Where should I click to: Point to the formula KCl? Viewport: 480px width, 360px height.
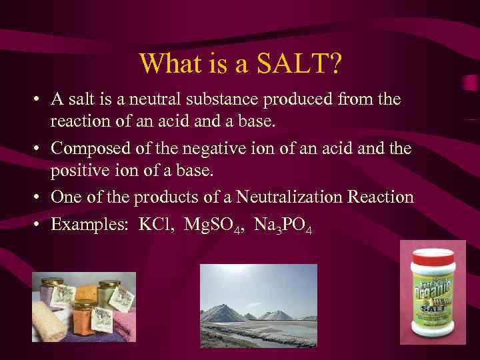[x=155, y=224]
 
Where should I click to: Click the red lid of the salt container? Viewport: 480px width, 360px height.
[x=431, y=256]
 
